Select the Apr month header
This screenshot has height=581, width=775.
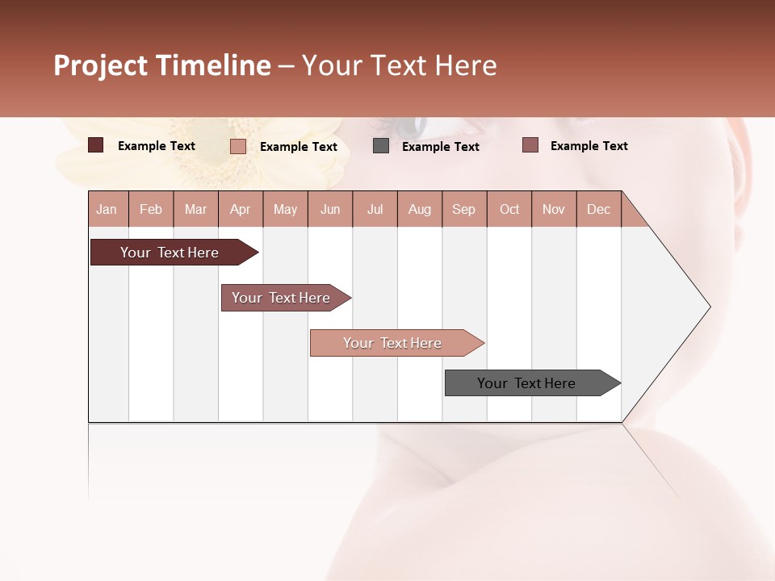[x=241, y=209]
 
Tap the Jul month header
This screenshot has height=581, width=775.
[x=375, y=209]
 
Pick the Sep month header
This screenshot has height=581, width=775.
[x=463, y=209]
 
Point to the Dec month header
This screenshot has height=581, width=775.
[x=598, y=209]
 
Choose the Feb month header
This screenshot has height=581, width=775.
[x=151, y=209]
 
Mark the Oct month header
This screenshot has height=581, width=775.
[x=509, y=209]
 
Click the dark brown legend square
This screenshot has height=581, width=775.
[x=96, y=145]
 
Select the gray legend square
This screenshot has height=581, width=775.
[x=381, y=146]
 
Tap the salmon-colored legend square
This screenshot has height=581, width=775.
[x=238, y=146]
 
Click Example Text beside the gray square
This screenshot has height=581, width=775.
[x=440, y=147]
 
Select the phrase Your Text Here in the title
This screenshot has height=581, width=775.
[x=399, y=66]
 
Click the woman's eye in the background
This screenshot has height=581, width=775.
[x=408, y=126]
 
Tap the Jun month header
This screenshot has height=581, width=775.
[x=330, y=209]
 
